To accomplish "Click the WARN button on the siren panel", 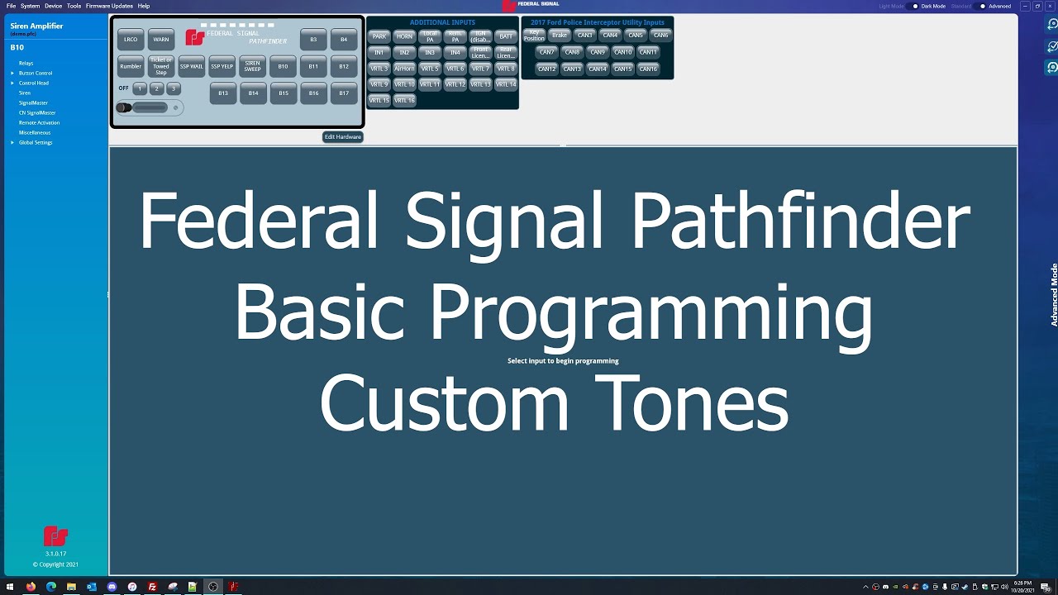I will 161,39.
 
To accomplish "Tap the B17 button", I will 344,93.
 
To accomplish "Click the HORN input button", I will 404,36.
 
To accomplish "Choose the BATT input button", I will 506,36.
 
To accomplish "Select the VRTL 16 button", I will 404,100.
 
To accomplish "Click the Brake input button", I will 560,36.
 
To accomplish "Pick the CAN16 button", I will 648,69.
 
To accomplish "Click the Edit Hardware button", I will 342,137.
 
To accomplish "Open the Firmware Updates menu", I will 109,6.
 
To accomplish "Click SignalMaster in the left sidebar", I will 33,102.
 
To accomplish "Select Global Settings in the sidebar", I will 36,142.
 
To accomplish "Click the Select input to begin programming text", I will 563,361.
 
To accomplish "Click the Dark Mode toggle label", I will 933,6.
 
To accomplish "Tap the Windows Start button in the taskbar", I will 10,587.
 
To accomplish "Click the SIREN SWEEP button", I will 252,66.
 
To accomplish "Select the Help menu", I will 144,6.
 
